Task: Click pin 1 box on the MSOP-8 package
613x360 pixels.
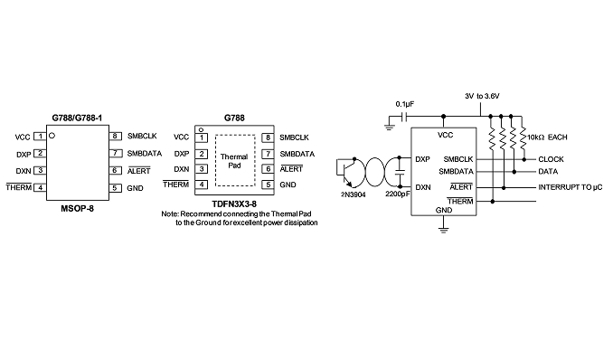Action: click(40, 137)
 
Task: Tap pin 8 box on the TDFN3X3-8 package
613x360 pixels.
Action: click(268, 137)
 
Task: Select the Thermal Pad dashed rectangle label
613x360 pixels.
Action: click(234, 161)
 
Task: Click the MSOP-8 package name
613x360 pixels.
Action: click(78, 208)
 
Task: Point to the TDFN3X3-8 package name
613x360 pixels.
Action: click(234, 204)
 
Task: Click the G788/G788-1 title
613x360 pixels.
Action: click(77, 118)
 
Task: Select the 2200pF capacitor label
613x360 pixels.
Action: click(397, 194)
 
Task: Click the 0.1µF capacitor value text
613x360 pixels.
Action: click(405, 104)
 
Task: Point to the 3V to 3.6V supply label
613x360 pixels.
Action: click(482, 96)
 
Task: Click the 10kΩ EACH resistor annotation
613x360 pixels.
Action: click(547, 137)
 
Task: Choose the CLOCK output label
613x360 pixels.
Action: click(551, 159)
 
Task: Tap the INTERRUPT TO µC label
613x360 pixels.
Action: click(571, 187)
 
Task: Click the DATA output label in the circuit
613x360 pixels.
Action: click(548, 171)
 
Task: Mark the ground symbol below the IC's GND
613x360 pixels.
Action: click(443, 229)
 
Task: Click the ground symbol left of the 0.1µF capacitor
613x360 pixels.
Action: click(389, 128)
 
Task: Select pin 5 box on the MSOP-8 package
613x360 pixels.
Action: click(115, 188)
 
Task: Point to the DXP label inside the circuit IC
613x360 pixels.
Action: click(422, 159)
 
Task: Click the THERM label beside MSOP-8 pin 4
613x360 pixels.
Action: click(19, 187)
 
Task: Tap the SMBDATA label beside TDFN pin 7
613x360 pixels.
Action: click(297, 154)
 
